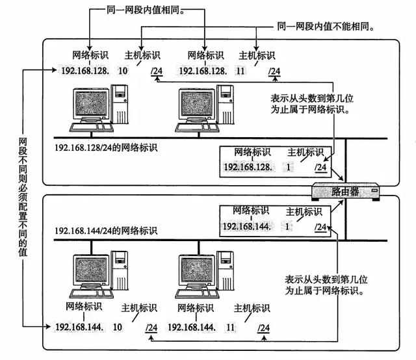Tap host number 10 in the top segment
point(123,70)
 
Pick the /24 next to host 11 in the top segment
point(275,71)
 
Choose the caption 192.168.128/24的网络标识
point(106,148)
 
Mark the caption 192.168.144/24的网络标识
point(106,231)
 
